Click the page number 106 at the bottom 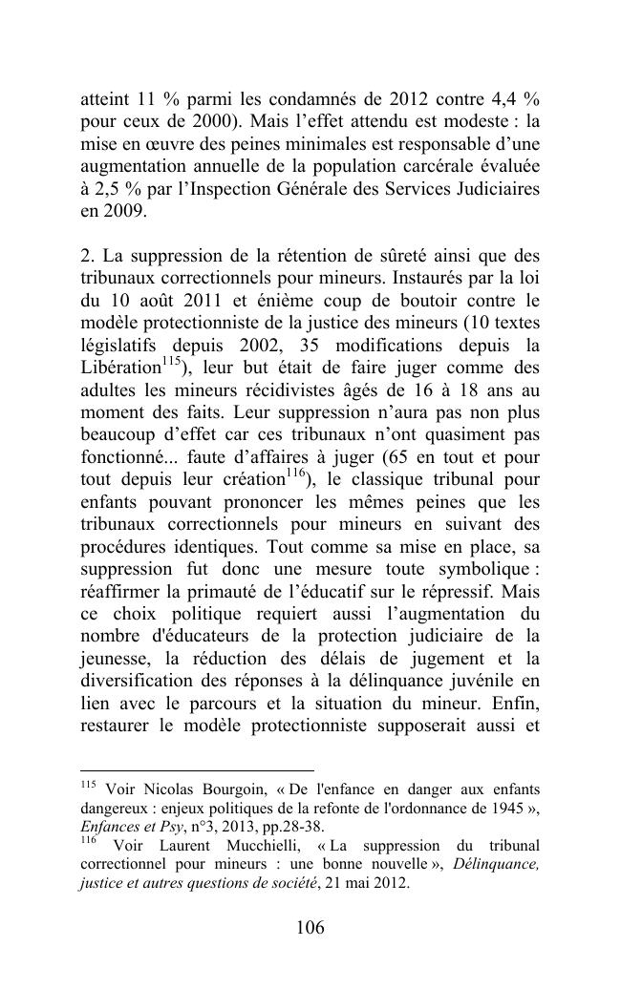[x=310, y=927]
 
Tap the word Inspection [x=246, y=190]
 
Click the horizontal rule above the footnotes [x=197, y=769]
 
